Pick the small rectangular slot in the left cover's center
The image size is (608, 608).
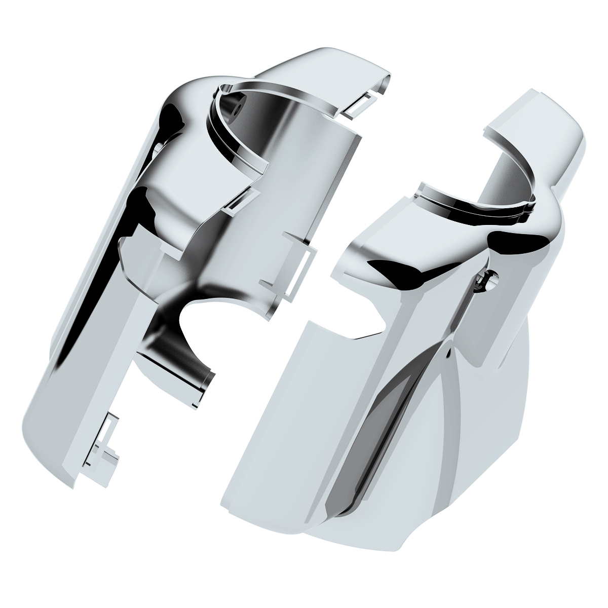point(236,202)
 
